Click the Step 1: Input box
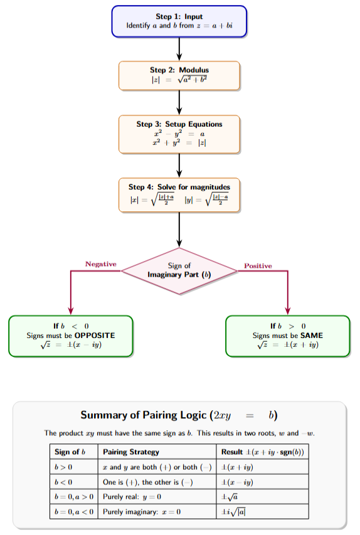[x=179, y=21]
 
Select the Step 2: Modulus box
[x=179, y=75]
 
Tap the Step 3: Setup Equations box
[x=179, y=134]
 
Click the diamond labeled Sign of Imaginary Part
[x=179, y=270]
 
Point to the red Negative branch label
[x=101, y=264]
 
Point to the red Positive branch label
[x=258, y=266]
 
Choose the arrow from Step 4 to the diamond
[x=179, y=229]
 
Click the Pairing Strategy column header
[x=131, y=452]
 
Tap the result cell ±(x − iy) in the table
[x=236, y=482]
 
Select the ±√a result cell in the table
[x=229, y=497]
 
